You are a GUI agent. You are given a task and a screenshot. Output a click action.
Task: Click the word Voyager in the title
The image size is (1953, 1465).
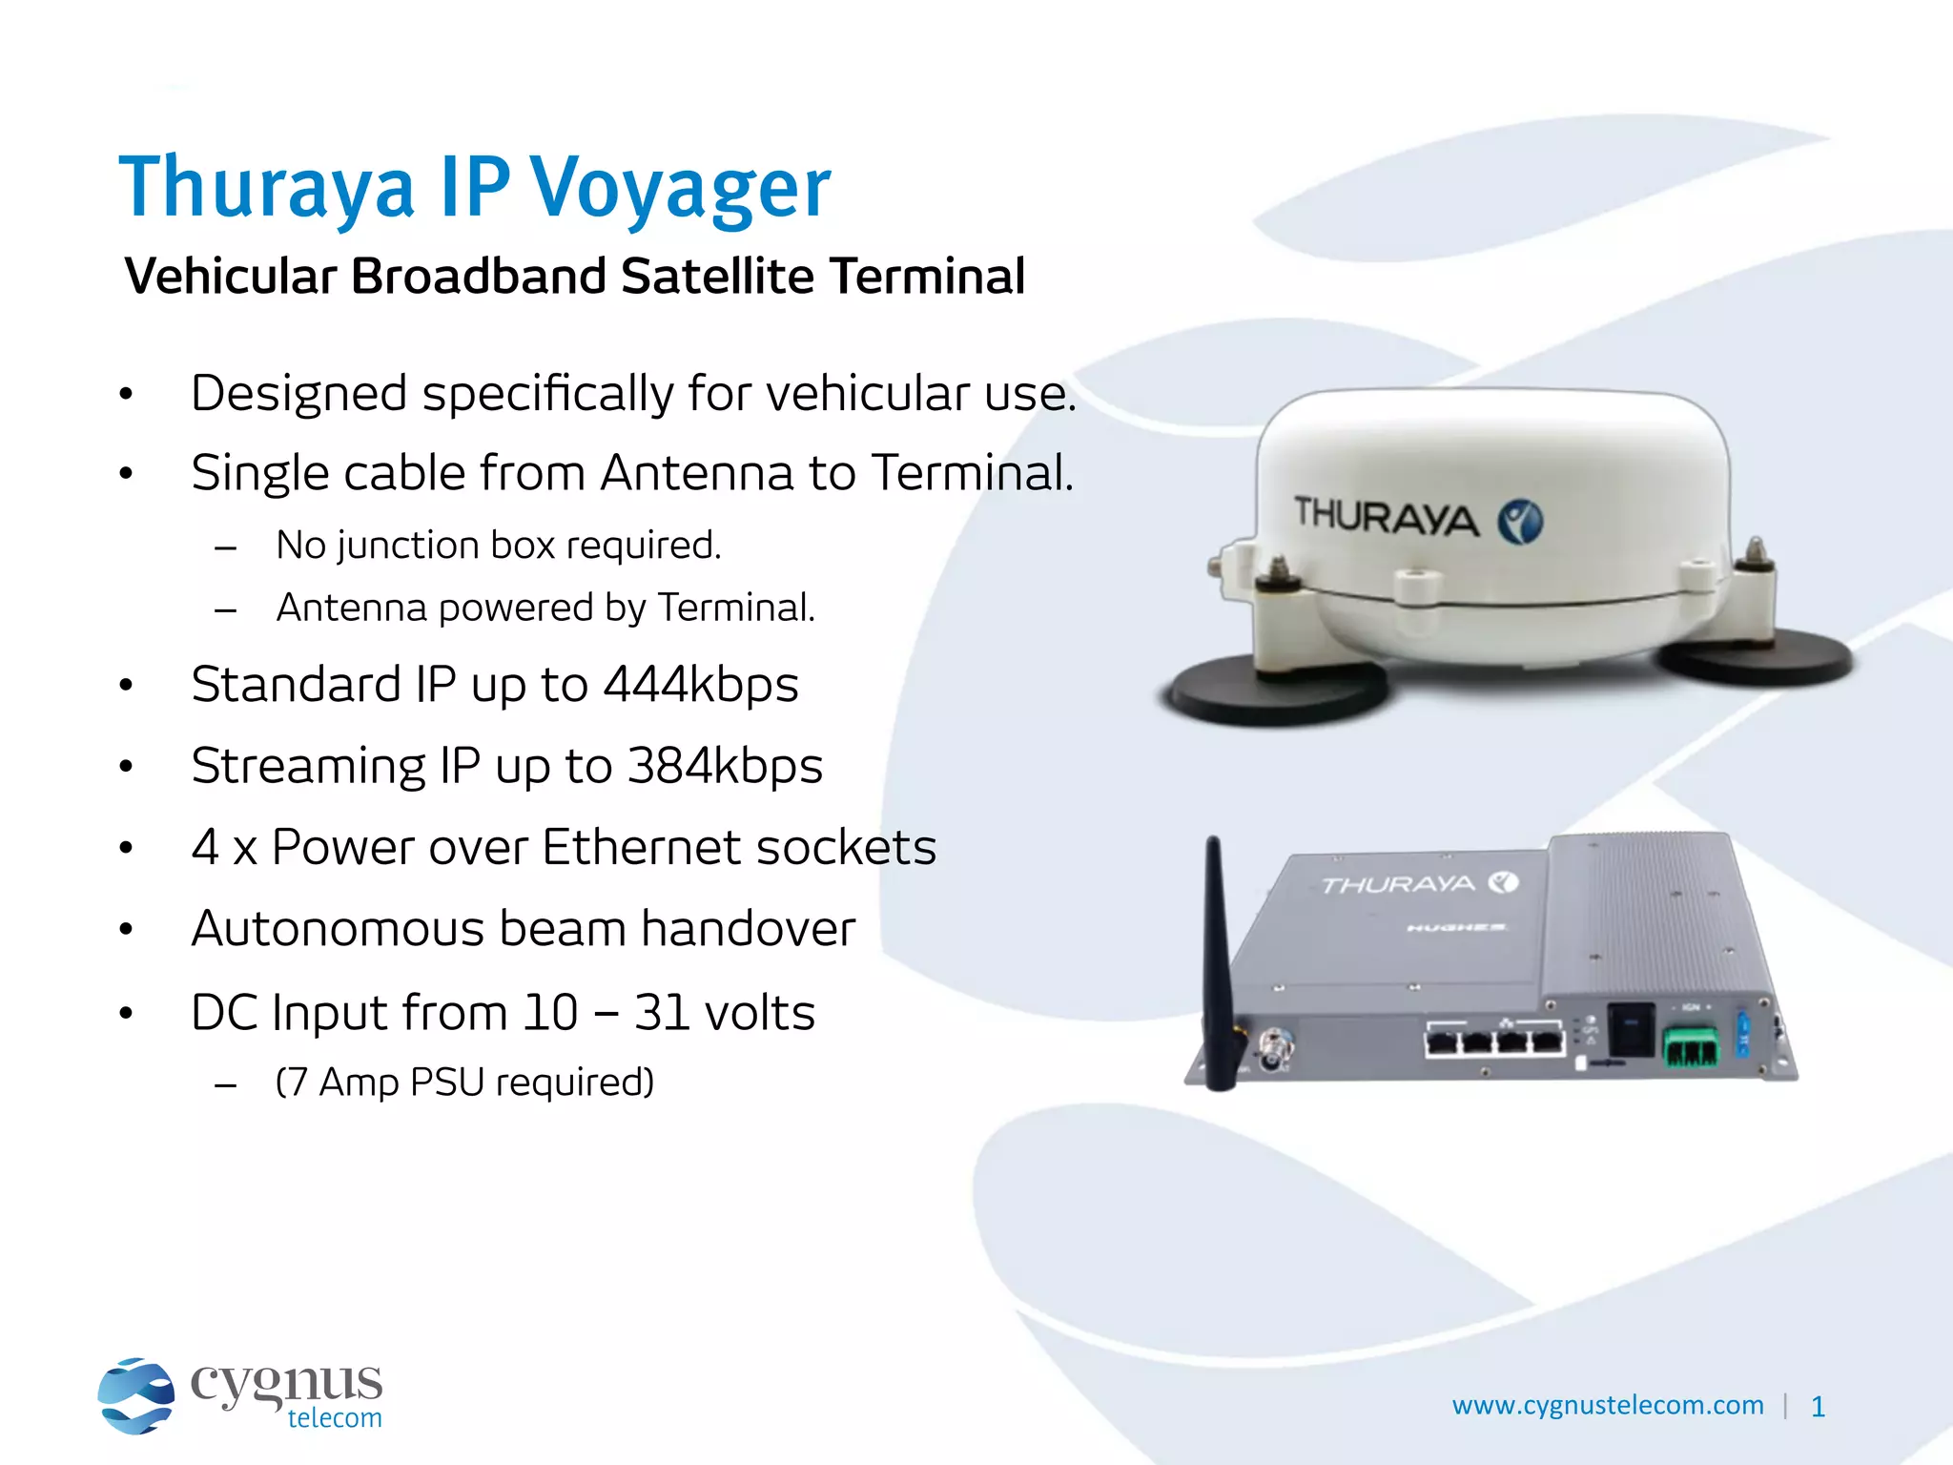680,188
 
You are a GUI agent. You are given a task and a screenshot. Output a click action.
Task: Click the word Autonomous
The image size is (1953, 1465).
338,929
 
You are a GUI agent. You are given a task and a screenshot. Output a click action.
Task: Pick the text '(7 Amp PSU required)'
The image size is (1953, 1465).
464,1083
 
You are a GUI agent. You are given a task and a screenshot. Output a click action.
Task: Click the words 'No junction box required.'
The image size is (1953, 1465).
498,546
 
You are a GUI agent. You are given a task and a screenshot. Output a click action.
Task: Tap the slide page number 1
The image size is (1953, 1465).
1818,1407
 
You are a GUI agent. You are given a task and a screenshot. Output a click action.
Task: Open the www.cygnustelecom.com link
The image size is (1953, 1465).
1607,1405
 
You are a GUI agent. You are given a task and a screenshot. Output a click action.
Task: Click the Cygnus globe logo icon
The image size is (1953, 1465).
135,1395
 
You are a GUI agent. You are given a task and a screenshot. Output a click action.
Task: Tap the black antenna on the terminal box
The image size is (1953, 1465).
1218,963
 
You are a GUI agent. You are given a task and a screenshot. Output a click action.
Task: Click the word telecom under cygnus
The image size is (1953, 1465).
334,1418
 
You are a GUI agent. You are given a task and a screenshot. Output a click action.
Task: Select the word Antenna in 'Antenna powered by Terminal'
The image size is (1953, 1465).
351,608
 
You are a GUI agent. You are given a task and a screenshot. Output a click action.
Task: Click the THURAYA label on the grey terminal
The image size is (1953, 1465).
1398,885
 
